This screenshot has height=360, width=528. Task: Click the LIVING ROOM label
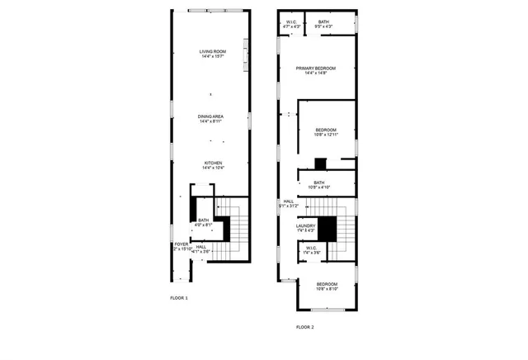tap(212, 52)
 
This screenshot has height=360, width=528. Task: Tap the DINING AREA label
tap(211, 116)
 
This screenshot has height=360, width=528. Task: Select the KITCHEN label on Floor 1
tap(213, 163)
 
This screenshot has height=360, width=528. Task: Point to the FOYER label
tap(181, 244)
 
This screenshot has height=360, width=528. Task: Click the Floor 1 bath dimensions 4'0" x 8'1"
tap(204, 225)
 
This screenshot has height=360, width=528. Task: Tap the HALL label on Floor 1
tap(201, 246)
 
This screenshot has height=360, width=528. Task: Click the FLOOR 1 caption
tap(179, 297)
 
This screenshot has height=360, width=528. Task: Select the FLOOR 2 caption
tap(305, 326)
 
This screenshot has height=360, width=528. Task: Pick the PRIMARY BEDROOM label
tap(316, 68)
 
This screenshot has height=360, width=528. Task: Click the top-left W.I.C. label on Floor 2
tap(290, 21)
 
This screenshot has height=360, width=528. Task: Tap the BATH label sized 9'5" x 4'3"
tap(323, 21)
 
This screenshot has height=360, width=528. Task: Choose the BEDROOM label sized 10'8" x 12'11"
tap(326, 130)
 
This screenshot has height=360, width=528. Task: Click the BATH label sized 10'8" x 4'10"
tap(318, 182)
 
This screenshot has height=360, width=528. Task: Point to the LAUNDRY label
tap(306, 225)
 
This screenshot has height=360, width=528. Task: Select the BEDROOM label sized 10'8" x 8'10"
tap(326, 284)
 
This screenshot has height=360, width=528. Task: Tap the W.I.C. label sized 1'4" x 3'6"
tap(312, 247)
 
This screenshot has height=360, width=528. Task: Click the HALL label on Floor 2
tap(289, 201)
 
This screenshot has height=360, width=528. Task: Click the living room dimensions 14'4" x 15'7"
tap(212, 57)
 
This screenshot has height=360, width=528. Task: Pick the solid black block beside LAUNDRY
tap(328, 228)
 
